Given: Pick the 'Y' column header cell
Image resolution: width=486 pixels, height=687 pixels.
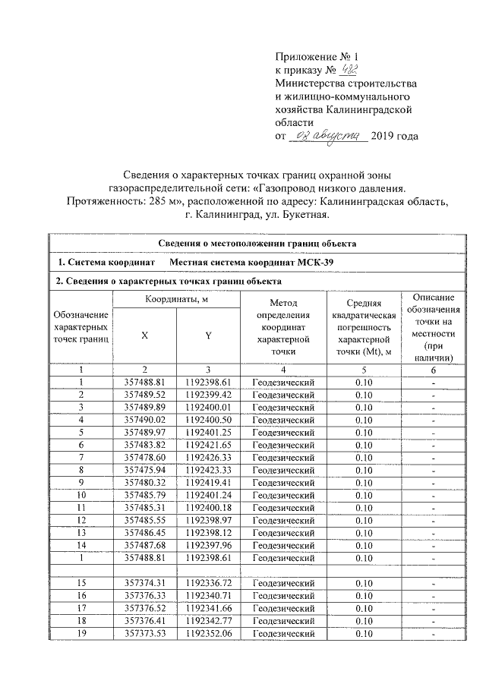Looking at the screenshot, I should coord(207,336).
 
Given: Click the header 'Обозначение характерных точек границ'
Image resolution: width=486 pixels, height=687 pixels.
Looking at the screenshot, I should coord(81,326).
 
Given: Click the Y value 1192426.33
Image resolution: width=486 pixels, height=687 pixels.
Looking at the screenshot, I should coord(207,459).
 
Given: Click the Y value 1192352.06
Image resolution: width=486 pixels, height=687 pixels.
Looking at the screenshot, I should coord(207,634).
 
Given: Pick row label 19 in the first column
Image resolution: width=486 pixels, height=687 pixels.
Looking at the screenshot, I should coord(81,634).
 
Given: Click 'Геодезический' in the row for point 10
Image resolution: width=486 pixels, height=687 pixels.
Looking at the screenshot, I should coord(282,496).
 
